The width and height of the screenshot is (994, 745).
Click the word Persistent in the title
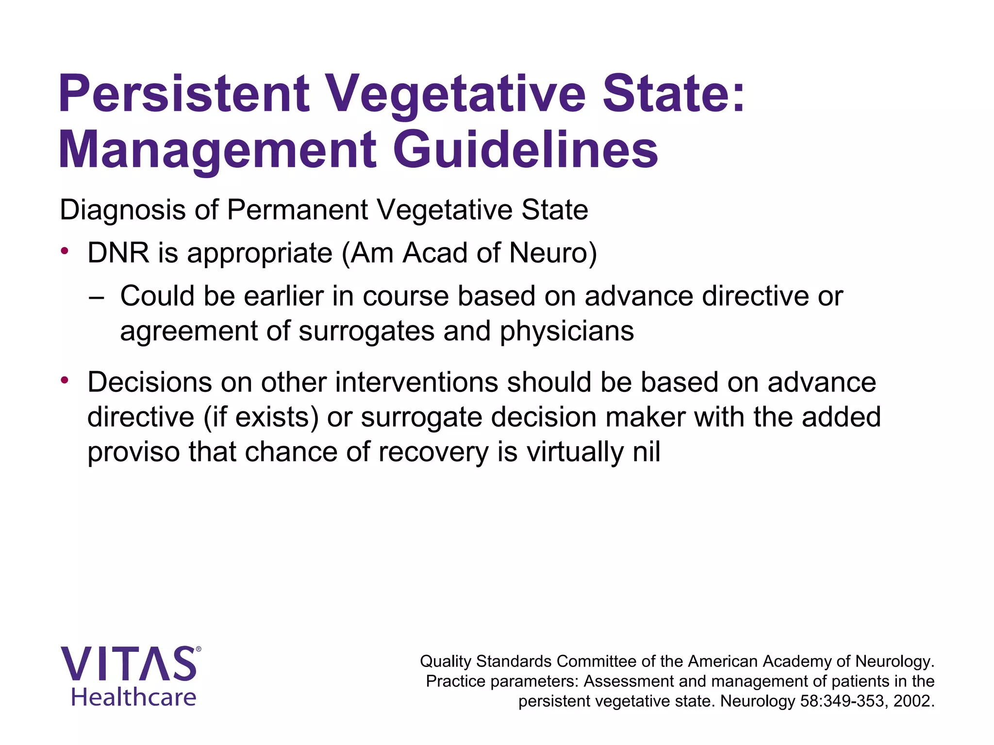click(183, 93)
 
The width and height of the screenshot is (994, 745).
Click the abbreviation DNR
click(118, 253)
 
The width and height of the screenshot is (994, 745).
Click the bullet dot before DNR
click(65, 251)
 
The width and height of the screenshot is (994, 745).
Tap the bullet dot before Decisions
click(65, 380)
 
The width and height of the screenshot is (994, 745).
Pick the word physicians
click(566, 331)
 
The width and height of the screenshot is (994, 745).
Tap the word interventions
click(416, 382)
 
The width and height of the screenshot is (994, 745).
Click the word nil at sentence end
click(646, 452)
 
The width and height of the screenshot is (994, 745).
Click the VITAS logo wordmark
click(128, 664)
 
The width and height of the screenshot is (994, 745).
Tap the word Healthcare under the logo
click(133, 697)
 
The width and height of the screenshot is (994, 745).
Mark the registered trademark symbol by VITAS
click(198, 649)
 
